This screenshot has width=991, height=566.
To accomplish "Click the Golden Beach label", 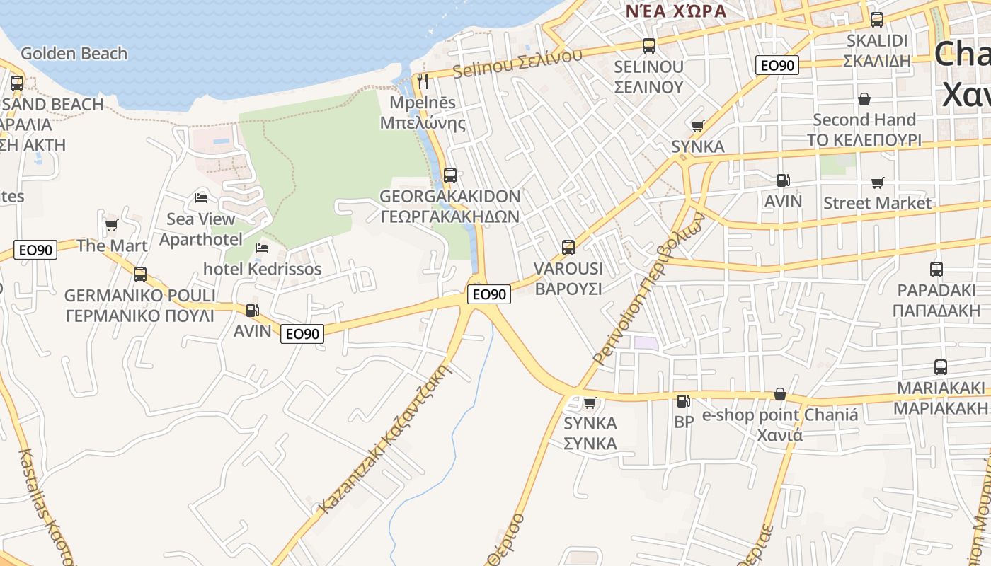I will point(74,54).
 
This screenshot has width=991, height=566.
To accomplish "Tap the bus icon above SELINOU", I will point(649,46).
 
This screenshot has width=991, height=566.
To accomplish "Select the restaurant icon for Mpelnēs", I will point(423,81).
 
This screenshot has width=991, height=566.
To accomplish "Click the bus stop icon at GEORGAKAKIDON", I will point(450,175).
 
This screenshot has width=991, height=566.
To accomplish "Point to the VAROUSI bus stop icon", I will point(568,248).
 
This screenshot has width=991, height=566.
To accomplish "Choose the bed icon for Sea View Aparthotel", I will point(201,197).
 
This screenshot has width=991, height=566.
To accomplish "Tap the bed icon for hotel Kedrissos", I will point(262,248).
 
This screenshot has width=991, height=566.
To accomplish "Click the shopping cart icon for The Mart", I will point(111,226).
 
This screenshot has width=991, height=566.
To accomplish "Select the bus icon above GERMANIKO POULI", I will point(140,274).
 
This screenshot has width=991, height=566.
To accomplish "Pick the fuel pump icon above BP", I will point(683,401).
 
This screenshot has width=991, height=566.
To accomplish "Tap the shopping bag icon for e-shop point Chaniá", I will point(780,394).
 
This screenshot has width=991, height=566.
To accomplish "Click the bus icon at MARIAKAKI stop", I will point(941,367).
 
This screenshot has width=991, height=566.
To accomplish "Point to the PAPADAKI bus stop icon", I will point(936,270).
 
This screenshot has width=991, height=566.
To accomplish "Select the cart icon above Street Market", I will point(878,183).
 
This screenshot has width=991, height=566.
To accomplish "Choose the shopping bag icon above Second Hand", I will point(864,99).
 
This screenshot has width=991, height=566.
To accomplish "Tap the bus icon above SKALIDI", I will point(877,20).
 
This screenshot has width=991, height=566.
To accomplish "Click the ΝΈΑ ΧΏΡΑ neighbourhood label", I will point(676,11).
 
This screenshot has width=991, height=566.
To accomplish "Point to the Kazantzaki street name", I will point(386,439).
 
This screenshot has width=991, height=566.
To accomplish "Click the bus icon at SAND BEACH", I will point(17,83).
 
